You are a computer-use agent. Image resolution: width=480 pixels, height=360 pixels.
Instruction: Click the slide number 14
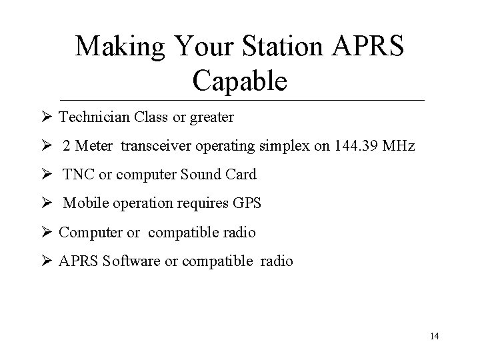(435, 336)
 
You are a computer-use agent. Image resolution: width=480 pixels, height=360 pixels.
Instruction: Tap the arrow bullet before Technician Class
(46, 118)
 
